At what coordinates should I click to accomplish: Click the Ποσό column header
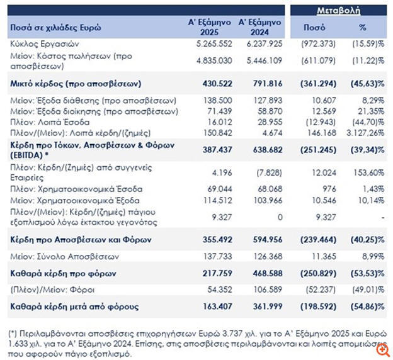point(314,28)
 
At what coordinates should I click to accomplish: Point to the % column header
point(363,28)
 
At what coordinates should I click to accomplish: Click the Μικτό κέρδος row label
point(74,83)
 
